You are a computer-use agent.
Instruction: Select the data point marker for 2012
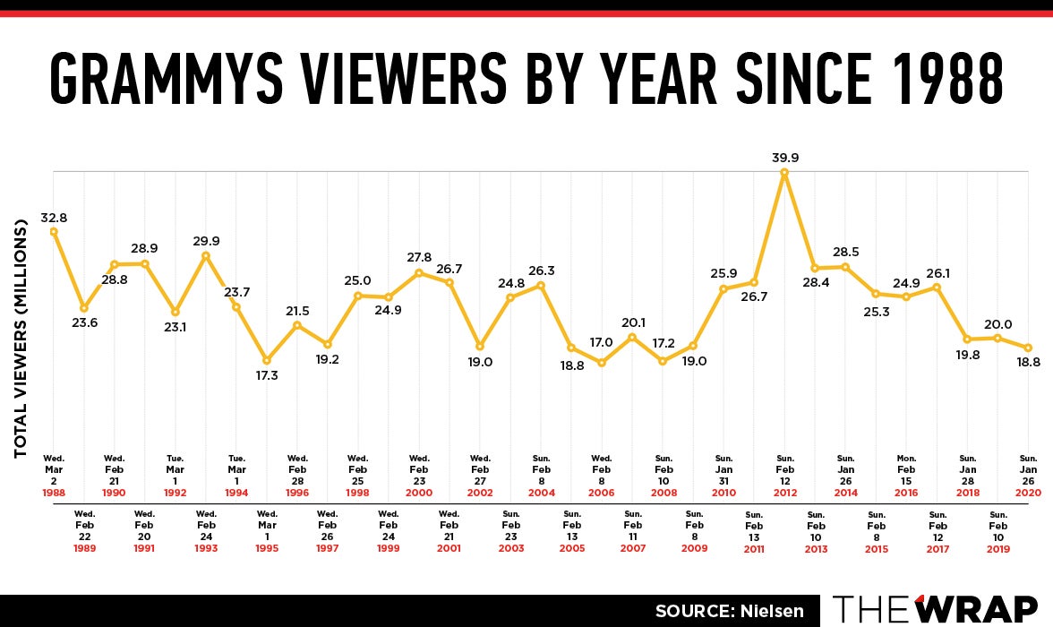[x=784, y=173]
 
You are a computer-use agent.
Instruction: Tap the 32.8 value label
[x=54, y=218]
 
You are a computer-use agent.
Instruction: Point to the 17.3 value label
[x=267, y=376]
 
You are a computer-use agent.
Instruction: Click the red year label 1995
[x=267, y=549]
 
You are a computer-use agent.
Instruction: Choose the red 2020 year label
[x=1029, y=493]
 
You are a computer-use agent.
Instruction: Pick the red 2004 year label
[x=542, y=493]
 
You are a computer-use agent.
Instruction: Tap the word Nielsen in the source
[x=767, y=612]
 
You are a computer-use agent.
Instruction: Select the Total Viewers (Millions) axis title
[x=21, y=339]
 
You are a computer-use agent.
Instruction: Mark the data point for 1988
[x=54, y=231]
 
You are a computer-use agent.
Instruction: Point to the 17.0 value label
[x=602, y=342]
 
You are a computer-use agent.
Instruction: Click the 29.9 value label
[x=206, y=241]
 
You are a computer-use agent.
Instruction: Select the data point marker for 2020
[x=1029, y=348]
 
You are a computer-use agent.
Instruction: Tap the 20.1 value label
[x=633, y=323]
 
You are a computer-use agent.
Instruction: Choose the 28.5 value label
[x=845, y=253]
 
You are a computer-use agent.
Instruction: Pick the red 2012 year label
[x=784, y=493]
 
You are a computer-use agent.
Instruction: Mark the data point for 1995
[x=267, y=360]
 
